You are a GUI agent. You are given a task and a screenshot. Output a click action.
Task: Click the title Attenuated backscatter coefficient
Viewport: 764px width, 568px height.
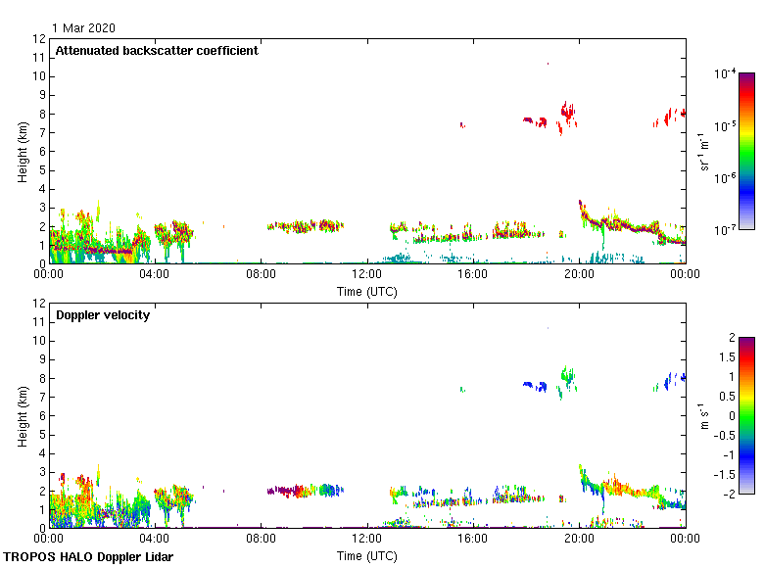[157, 51]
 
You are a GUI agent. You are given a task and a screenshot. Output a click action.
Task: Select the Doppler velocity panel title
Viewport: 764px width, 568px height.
[103, 315]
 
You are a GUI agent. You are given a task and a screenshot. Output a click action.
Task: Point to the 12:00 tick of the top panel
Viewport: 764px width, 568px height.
[367, 274]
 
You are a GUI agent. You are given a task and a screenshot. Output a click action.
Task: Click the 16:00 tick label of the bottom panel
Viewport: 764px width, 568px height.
[473, 539]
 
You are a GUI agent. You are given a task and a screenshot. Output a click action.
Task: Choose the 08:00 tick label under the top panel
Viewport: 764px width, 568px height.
[261, 274]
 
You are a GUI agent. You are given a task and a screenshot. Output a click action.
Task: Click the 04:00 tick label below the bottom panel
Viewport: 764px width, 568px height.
[155, 539]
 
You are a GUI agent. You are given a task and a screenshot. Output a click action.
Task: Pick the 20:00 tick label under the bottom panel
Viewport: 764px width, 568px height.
[579, 539]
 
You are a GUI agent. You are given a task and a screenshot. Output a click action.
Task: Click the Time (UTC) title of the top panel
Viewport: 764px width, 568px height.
[367, 291]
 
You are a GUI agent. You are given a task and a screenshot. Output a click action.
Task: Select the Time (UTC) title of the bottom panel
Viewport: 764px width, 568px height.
[367, 555]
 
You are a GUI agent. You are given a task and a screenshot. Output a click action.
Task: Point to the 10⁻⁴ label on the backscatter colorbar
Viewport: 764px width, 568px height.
[726, 74]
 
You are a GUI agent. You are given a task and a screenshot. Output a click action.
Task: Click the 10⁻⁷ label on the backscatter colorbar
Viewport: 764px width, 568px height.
[726, 230]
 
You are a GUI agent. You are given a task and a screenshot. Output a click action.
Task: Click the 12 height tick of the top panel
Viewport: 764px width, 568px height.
[40, 39]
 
